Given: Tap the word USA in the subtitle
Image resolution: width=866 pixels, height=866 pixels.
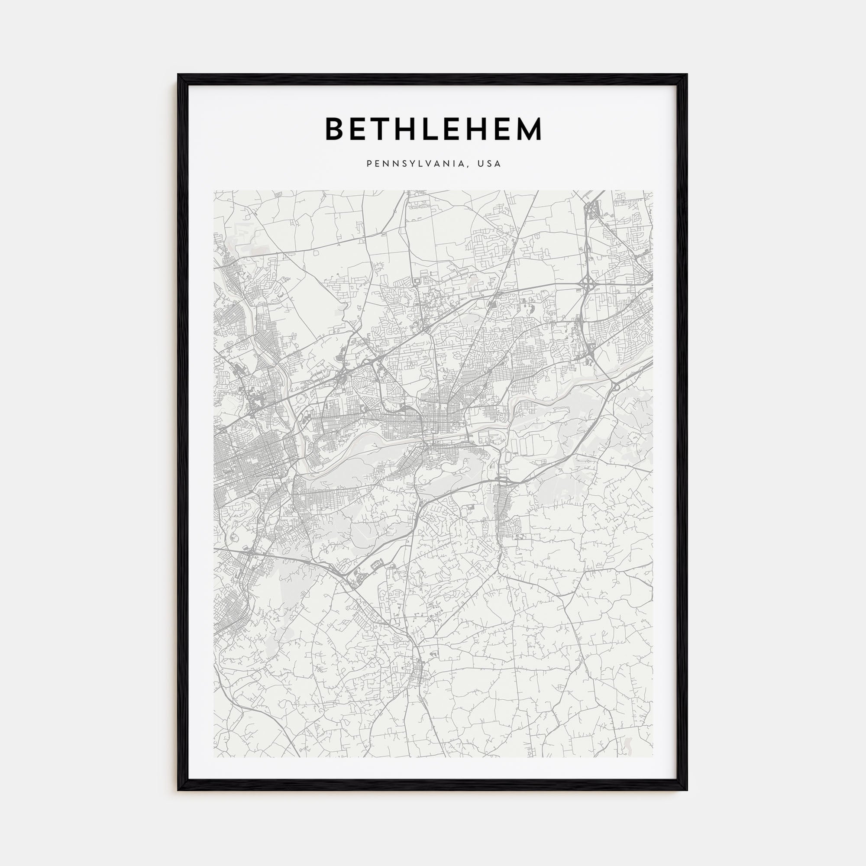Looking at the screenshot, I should tap(489, 164).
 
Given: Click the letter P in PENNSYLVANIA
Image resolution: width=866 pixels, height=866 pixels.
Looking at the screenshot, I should tap(369, 164).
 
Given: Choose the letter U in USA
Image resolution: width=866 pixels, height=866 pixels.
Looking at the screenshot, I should tap(480, 164).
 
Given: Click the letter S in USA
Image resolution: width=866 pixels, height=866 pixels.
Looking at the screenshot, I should tap(489, 164).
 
